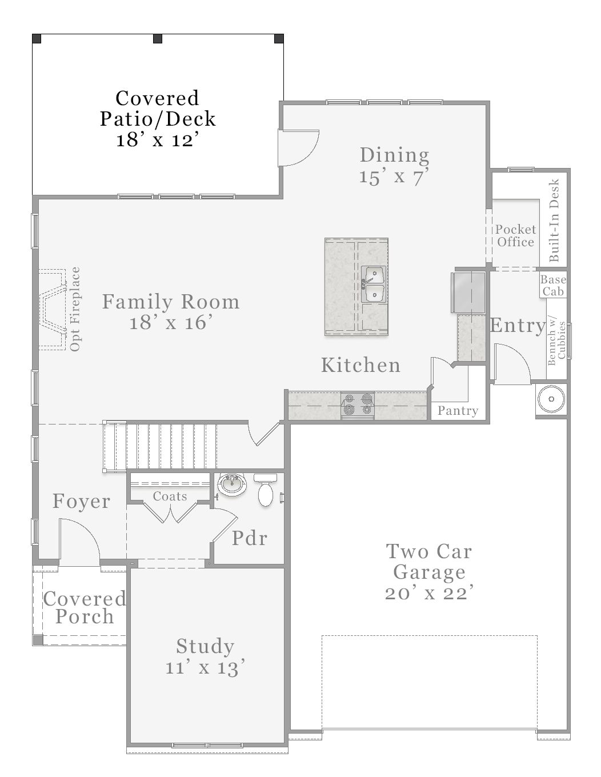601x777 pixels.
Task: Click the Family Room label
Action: coord(171,302)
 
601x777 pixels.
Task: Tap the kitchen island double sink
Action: coord(374,284)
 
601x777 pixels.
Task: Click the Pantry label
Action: coord(458,411)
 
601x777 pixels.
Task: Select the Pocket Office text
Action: coord(515,235)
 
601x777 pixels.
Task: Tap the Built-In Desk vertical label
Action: coord(554,221)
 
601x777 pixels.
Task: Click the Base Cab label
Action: coord(552,285)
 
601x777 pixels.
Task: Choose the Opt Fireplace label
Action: coord(75,309)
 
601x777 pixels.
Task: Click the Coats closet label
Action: coord(170,496)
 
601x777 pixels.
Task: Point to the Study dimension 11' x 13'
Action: coord(205,667)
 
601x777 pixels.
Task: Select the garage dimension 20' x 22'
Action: coord(428,593)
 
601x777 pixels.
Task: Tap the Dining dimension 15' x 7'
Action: coord(394,177)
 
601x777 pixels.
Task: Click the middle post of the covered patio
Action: coord(158,39)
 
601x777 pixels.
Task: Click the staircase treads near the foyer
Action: coord(166,446)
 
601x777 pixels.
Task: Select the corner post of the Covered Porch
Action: coord(38,640)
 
